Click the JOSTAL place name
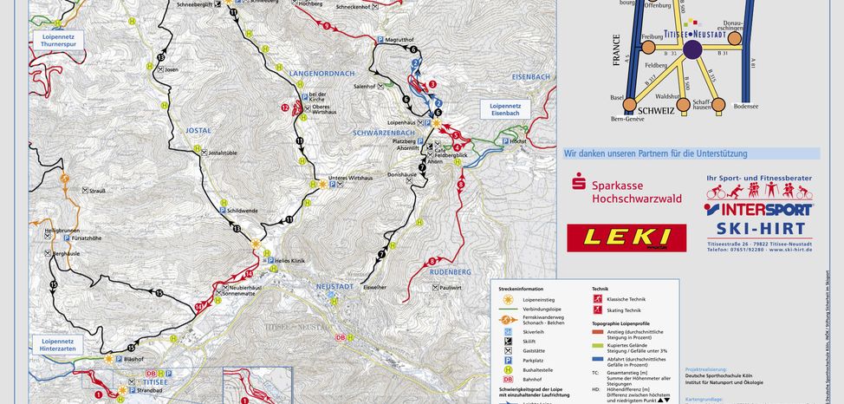tap(198, 130)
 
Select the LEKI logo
tap(626, 238)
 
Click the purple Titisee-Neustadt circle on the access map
tap(692, 50)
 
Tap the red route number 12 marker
tap(285, 108)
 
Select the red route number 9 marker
tap(326, 26)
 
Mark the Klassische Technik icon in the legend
tap(597, 299)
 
